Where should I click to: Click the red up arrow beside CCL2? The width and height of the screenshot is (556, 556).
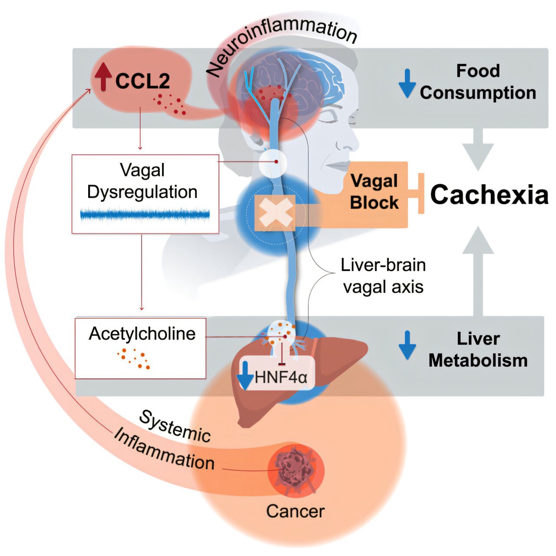(x=103, y=77)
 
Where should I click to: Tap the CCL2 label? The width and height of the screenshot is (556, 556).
(x=142, y=81)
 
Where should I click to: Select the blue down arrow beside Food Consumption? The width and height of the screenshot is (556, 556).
(x=407, y=83)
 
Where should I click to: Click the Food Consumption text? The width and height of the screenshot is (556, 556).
(x=478, y=82)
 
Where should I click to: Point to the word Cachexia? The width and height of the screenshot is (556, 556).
(x=489, y=194)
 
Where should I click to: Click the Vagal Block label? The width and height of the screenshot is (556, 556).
(x=374, y=192)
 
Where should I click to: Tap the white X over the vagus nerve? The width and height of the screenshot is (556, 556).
(x=275, y=213)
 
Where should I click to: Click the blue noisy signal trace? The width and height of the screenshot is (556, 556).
(x=145, y=215)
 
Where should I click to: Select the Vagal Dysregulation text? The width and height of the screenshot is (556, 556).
(x=142, y=181)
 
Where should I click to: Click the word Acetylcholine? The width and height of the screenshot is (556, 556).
(x=142, y=334)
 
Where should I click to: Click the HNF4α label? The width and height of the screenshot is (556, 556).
(x=281, y=377)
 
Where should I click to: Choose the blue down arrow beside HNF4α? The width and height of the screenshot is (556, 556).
(x=245, y=375)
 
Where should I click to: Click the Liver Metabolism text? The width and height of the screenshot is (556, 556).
(x=478, y=350)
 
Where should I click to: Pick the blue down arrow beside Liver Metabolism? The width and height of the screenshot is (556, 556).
(x=407, y=345)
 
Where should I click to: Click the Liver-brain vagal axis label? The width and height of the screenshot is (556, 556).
(x=383, y=276)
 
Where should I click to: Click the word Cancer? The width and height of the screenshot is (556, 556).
(x=295, y=511)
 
